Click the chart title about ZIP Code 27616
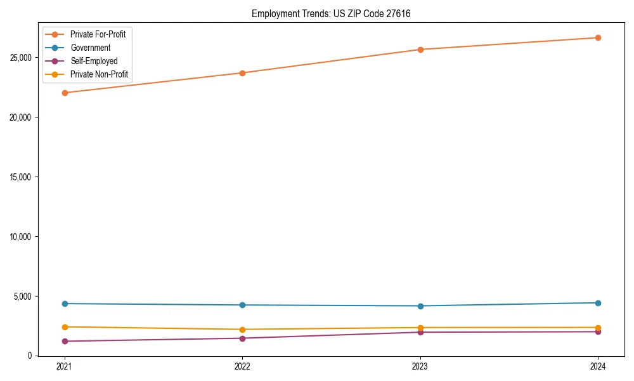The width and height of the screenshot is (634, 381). [x=331, y=13]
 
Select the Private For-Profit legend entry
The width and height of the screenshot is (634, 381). [x=98, y=34]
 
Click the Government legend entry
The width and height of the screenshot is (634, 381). [x=90, y=48]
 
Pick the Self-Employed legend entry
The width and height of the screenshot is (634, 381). [x=94, y=61]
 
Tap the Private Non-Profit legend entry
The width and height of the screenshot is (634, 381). [x=99, y=74]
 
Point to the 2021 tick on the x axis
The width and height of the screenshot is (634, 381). [x=64, y=366]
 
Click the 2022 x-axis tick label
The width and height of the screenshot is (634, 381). [x=242, y=366]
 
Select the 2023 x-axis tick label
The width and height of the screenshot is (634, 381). [x=420, y=366]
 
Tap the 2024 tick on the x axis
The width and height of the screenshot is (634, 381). [x=598, y=366]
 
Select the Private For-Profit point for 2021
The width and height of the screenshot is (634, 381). [x=64, y=93]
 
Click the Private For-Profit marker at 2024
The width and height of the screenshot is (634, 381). [x=598, y=37]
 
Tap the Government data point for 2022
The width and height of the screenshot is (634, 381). [x=242, y=305]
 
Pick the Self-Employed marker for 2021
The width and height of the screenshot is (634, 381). [x=64, y=341]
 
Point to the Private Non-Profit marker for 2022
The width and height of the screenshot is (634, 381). [x=242, y=330]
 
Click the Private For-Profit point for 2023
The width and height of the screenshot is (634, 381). [x=420, y=50]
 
